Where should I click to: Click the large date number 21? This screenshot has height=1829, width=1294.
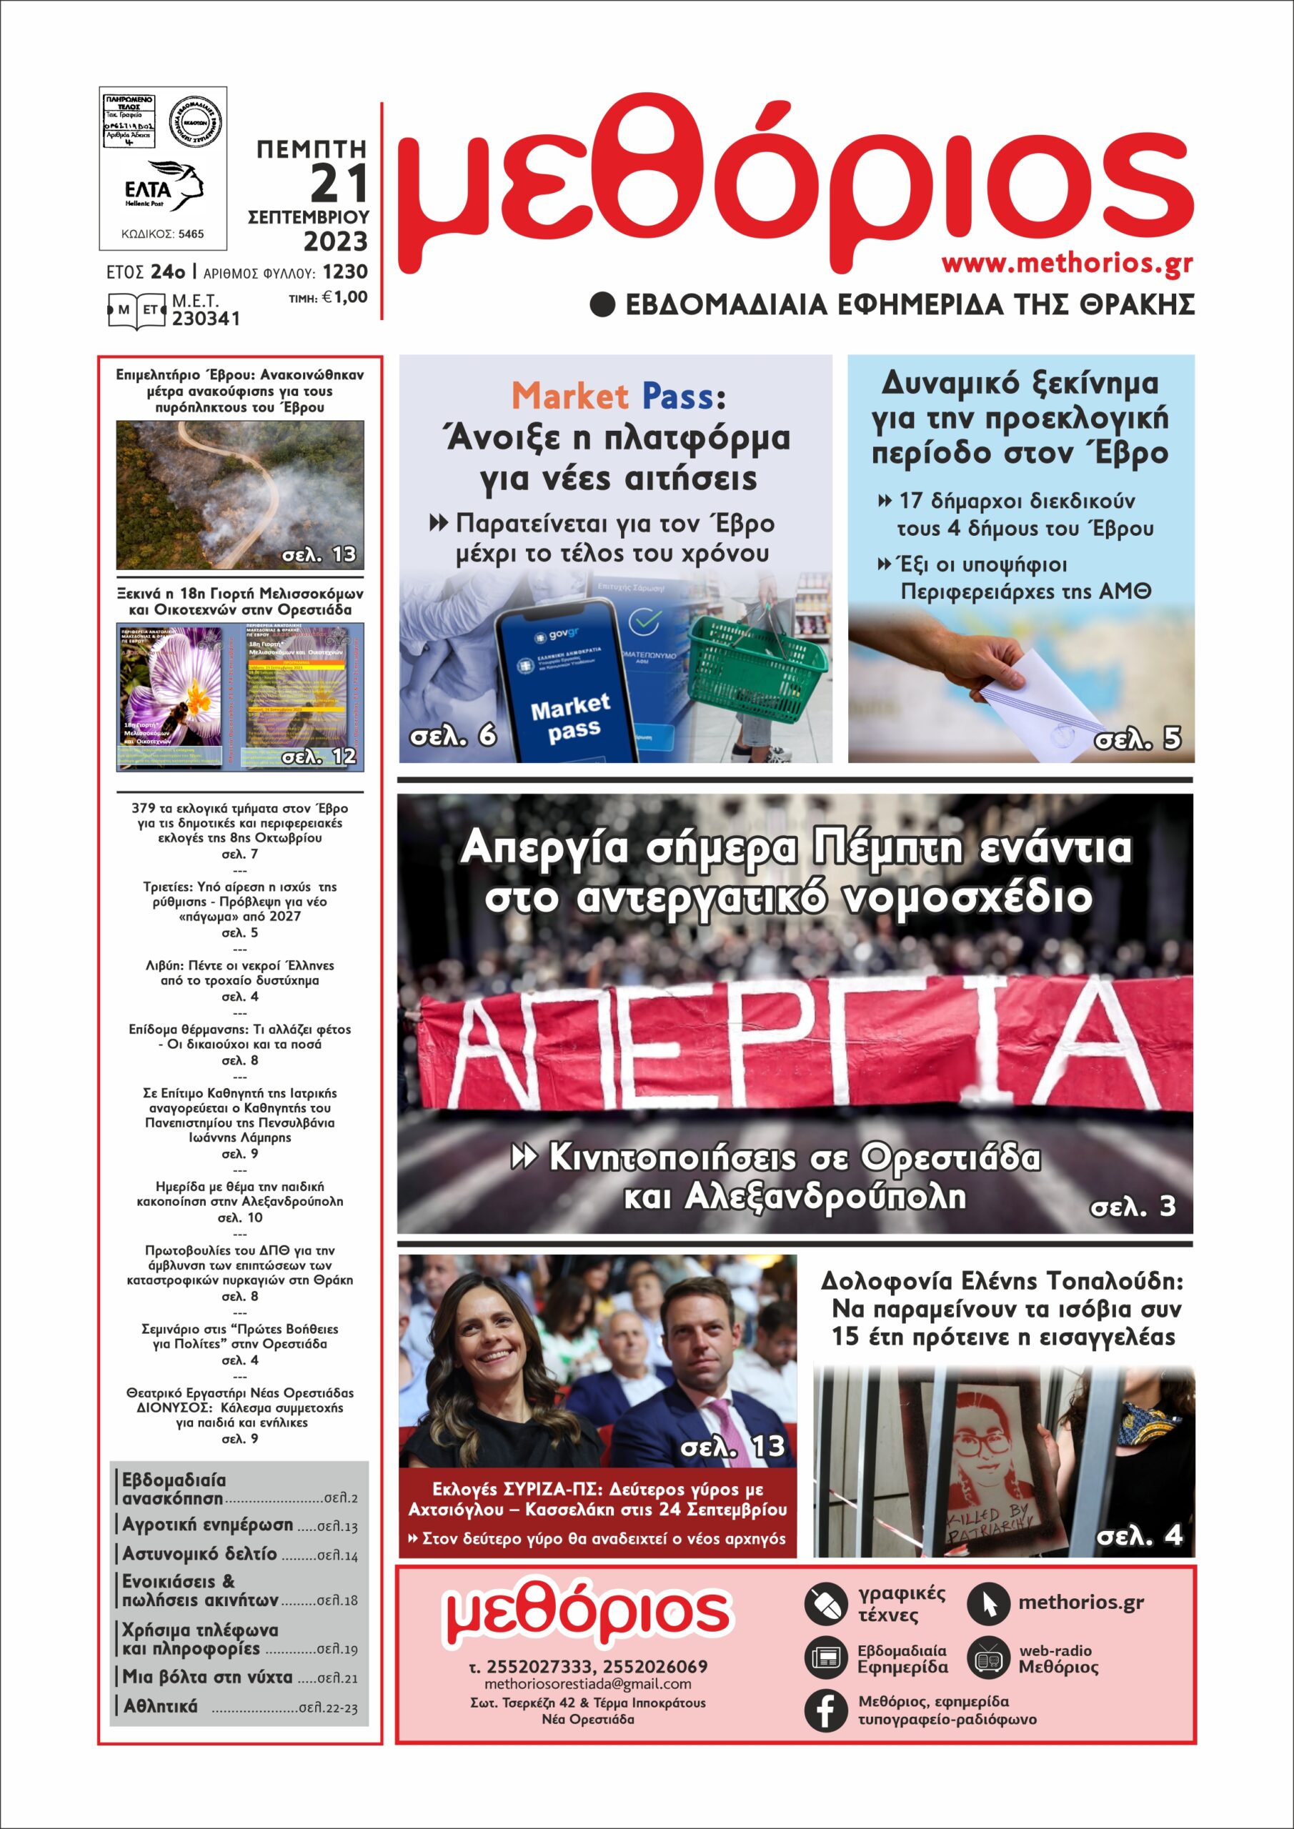click(339, 183)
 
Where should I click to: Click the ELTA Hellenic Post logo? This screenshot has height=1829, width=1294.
click(164, 185)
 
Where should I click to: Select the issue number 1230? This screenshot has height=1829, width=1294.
click(345, 271)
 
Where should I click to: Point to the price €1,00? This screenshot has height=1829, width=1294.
click(344, 298)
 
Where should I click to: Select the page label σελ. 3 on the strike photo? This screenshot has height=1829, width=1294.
click(1133, 1207)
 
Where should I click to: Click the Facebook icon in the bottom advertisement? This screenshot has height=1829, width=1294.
click(825, 1709)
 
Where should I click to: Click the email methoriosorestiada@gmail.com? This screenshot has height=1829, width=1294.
click(587, 1684)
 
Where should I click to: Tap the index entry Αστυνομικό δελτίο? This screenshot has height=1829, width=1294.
click(199, 1553)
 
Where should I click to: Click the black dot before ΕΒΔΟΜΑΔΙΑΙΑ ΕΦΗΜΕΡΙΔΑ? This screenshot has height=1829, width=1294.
click(602, 304)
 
